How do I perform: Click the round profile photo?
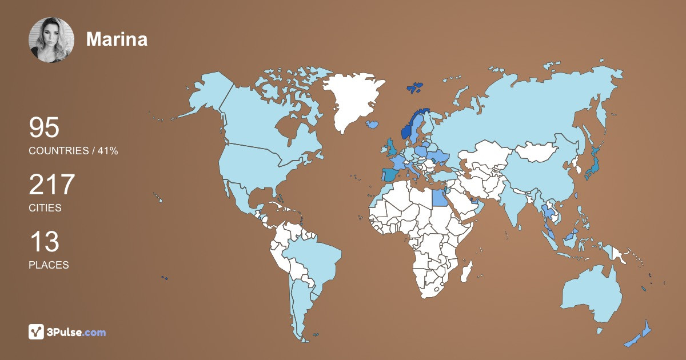pos(51,40)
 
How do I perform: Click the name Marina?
pos(117,39)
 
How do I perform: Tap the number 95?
pos(44,128)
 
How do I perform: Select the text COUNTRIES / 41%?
pos(73,151)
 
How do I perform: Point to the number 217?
pos(52,185)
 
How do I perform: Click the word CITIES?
pos(45,208)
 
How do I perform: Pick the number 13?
pos(44,242)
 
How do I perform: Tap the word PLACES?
pos(49,265)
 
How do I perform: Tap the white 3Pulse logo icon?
pos(37,332)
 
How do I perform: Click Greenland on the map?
pos(352,100)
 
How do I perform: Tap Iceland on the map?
pos(373,123)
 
